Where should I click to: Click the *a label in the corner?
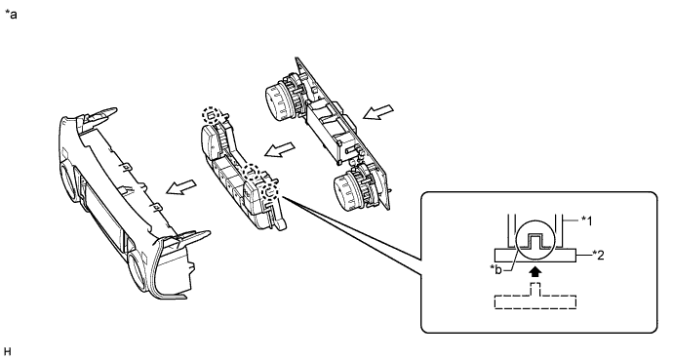(x=11, y=15)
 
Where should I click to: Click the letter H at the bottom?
(x=7, y=352)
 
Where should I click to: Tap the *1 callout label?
(x=586, y=220)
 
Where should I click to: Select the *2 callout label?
(x=598, y=256)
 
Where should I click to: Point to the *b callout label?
(x=495, y=270)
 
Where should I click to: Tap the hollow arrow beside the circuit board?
(x=378, y=112)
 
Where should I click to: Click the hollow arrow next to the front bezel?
(x=181, y=187)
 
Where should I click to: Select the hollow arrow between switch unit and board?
(x=280, y=149)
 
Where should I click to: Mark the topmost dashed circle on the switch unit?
(x=213, y=115)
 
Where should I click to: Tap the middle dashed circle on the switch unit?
(x=252, y=173)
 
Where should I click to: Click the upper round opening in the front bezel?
(x=67, y=181)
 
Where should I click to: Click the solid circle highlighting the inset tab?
(x=535, y=240)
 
